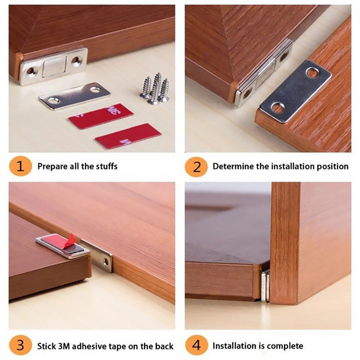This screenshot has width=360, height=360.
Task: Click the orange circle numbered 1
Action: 20,166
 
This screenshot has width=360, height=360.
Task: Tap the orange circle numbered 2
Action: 196,166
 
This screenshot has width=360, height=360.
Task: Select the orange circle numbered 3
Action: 20,346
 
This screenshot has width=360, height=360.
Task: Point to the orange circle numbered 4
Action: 196,346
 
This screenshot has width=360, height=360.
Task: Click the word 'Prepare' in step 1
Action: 51,166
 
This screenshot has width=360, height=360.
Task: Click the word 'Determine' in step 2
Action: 233,166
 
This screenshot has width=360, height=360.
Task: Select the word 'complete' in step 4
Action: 285,346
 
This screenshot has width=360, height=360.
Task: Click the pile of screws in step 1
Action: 154,88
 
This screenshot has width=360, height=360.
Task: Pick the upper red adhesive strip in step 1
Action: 100,116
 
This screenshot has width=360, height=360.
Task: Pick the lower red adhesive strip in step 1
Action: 128,136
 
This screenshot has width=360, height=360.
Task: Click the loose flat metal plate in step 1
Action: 74,95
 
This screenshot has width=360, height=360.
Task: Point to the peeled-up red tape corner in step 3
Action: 71,240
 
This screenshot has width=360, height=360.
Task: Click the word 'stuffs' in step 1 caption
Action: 106,166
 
